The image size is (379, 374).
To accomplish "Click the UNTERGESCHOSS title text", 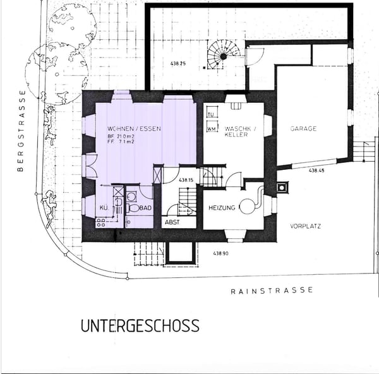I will tap(140, 326).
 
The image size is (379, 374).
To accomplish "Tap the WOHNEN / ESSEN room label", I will tap(134, 129).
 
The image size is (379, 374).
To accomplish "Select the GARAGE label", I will tap(303, 129).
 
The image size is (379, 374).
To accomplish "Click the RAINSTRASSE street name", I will tap(272, 291).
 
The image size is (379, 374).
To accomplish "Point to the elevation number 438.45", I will tap(316, 171).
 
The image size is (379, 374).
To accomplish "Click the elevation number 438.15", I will tap(185, 181).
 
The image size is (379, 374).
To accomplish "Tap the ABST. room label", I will tap(172, 222).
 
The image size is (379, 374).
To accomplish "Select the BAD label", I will tap(144, 208).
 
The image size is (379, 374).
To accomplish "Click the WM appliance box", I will tap(212, 129).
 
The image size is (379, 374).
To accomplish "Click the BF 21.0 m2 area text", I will tap(121, 137).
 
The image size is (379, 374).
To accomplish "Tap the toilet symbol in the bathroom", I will tap(133, 207).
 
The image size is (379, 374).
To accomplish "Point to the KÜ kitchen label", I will tap(103, 208).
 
